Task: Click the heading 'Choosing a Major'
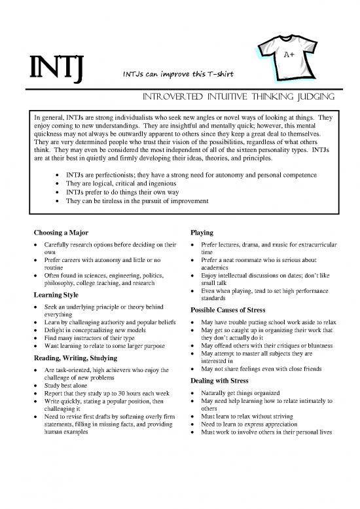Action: (61, 233)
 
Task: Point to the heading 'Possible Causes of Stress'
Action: (228, 311)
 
